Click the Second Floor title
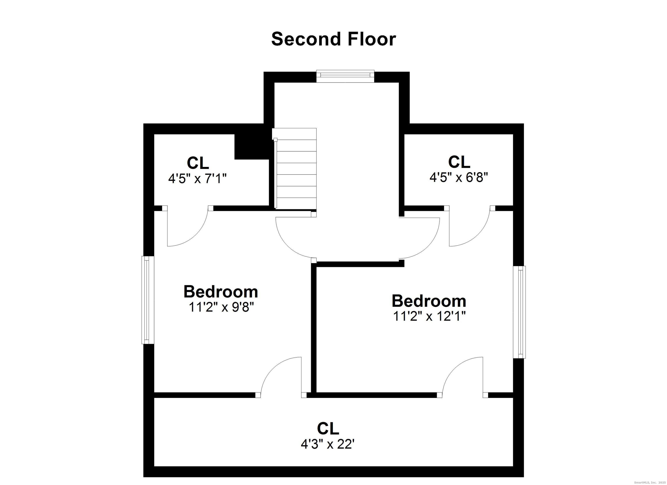click(333, 39)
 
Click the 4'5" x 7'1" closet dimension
click(197, 178)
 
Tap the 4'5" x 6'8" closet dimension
click(459, 177)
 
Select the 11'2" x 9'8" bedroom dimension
click(221, 307)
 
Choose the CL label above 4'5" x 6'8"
click(459, 162)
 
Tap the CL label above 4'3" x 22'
click(328, 429)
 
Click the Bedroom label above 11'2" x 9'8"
click(221, 292)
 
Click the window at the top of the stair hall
click(345, 76)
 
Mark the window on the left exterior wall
click(148, 300)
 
